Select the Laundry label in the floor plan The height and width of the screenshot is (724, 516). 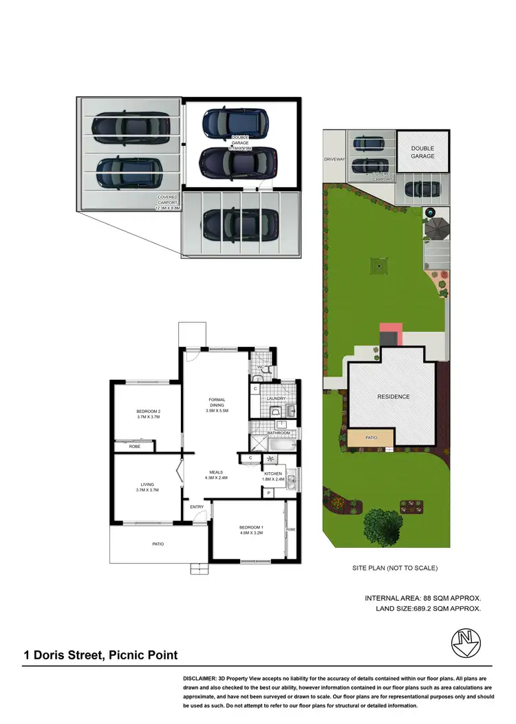click(277, 398)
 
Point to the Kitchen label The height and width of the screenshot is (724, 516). click(273, 474)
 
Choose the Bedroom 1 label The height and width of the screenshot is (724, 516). click(252, 527)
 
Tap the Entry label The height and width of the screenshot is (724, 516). click(197, 507)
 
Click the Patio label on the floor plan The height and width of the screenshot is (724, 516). click(158, 544)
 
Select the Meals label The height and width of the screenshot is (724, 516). click(217, 472)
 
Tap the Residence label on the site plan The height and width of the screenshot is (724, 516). click(393, 396)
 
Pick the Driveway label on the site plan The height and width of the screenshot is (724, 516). click(334, 159)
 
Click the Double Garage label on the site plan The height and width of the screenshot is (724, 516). click(422, 152)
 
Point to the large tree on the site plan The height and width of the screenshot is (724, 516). click(383, 525)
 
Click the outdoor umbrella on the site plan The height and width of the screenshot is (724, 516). click(436, 228)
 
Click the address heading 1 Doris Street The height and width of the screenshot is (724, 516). click(100, 655)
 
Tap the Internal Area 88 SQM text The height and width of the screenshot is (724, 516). click(422, 598)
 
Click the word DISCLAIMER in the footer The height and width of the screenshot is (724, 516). click(203, 679)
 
